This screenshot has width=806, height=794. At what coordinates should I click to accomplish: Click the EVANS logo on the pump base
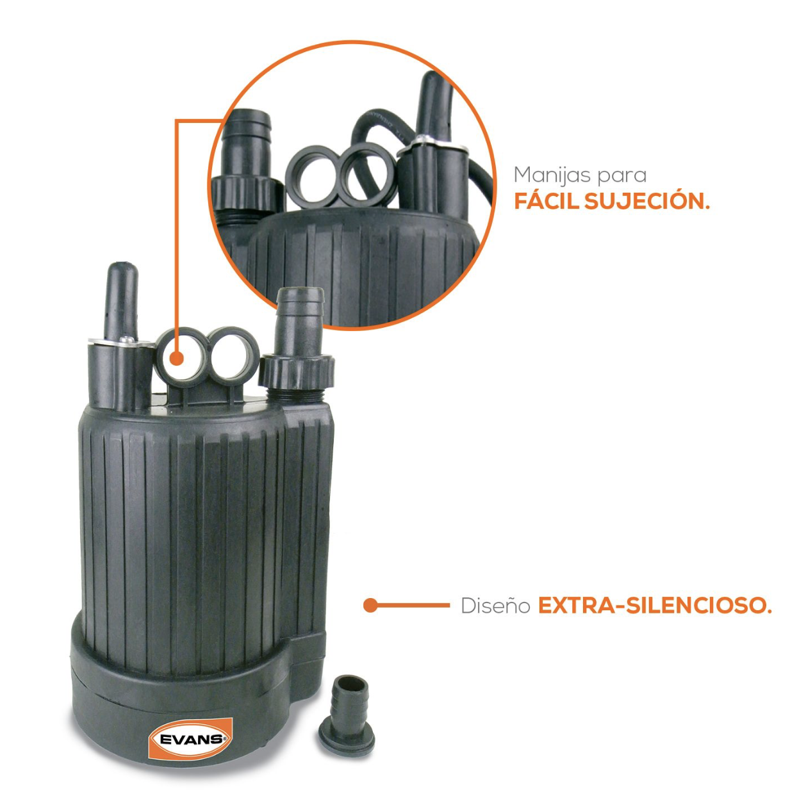tap(191, 739)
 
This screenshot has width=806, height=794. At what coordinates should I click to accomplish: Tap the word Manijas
tap(553, 175)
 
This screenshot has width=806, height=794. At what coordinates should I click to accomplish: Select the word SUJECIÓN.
tap(647, 200)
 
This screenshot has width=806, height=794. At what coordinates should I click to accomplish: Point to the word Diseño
tap(495, 606)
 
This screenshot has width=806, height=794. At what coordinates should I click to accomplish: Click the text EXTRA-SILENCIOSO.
tap(655, 606)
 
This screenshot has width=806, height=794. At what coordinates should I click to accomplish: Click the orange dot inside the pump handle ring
tap(177, 359)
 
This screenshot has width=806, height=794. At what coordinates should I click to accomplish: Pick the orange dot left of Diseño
tap(370, 605)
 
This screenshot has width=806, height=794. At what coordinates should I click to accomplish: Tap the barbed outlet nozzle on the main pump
tap(300, 321)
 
